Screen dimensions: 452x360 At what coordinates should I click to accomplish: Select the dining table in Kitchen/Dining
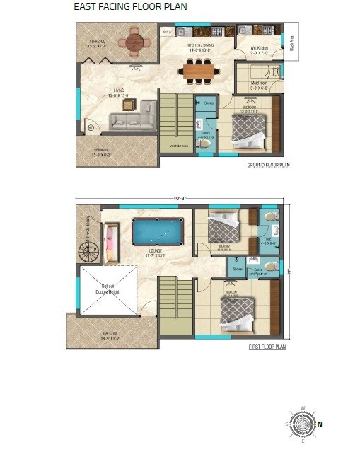198,69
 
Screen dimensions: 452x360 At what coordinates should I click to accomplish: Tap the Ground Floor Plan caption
268,165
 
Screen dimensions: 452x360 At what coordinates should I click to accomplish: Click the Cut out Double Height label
108,286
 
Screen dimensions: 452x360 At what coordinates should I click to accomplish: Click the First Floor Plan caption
267,347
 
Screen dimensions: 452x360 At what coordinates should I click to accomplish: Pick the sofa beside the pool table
110,242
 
